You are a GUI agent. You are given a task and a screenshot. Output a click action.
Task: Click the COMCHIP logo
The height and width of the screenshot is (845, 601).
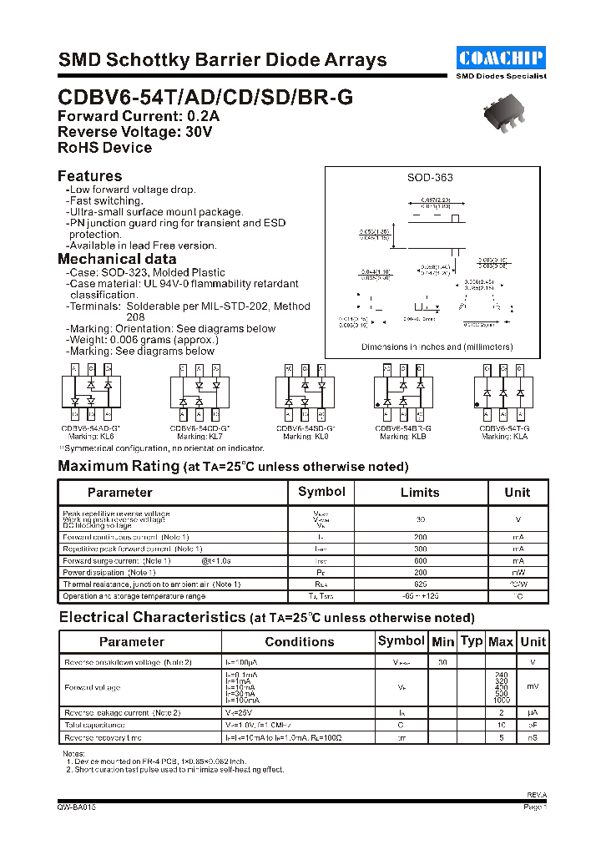[501, 58]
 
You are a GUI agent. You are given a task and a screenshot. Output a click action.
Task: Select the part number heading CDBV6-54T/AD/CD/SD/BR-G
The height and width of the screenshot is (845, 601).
[205, 97]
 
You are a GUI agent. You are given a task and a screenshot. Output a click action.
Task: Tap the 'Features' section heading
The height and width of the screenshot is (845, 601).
[89, 176]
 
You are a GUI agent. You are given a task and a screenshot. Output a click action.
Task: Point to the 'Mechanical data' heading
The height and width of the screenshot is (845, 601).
[117, 259]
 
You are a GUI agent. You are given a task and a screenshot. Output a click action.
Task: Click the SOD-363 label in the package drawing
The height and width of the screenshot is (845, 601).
[430, 178]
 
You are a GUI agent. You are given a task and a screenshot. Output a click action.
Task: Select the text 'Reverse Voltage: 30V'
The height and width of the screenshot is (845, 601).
[134, 132]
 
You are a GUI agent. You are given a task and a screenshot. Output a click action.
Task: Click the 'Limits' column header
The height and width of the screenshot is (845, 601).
[419, 493]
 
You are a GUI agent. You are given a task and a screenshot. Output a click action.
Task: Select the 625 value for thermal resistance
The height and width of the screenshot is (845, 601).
[420, 584]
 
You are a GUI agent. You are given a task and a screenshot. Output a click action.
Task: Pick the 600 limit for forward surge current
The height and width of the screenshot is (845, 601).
[420, 561]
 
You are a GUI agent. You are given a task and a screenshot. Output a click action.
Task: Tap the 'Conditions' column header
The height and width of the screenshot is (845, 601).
[299, 642]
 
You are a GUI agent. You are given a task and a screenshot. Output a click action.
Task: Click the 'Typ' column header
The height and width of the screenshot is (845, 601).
[472, 641]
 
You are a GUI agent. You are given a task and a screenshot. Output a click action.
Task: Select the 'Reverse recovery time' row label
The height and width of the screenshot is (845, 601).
[104, 738]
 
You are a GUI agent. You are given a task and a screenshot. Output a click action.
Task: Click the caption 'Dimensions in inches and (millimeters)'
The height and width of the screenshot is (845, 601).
[437, 347]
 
